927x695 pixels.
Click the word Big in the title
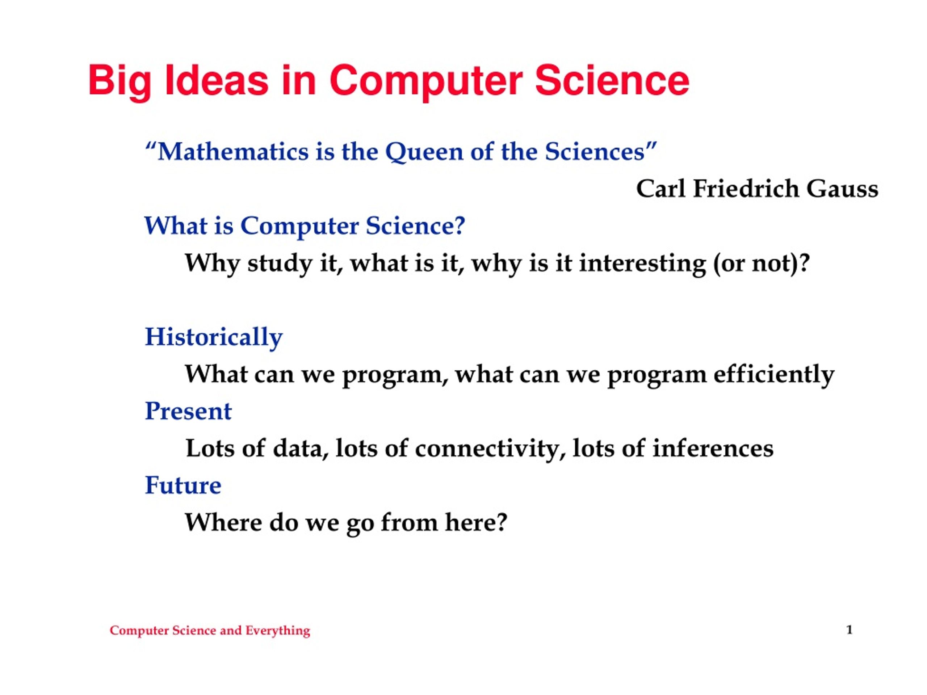119,82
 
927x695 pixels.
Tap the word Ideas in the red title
217,80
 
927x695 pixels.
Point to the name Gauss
842,189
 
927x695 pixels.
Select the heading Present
188,411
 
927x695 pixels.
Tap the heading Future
183,485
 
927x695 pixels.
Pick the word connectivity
487,449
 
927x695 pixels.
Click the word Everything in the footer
277,631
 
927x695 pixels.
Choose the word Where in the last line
223,522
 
